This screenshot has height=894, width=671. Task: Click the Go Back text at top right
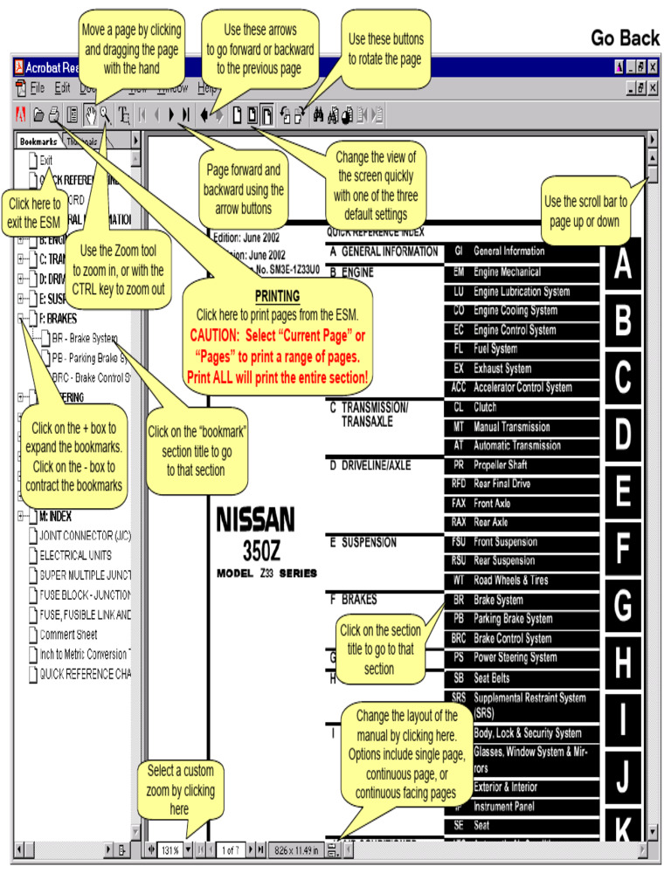click(x=625, y=38)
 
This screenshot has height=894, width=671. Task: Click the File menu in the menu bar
click(x=36, y=88)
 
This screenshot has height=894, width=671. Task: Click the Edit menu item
click(x=62, y=88)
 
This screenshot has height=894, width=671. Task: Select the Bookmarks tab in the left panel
click(x=38, y=141)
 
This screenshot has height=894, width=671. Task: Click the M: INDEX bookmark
click(x=56, y=515)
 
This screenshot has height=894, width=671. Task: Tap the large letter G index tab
click(x=621, y=606)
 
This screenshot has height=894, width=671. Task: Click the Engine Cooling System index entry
click(x=515, y=311)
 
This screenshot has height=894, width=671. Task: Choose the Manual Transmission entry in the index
click(x=512, y=427)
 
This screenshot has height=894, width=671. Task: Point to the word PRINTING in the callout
click(x=277, y=297)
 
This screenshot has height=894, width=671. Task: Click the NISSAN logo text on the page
click(x=255, y=521)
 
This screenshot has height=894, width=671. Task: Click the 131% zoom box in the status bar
click(x=169, y=849)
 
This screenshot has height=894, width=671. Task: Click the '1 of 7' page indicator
click(x=230, y=849)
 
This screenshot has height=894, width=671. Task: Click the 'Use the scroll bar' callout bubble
click(x=585, y=210)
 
